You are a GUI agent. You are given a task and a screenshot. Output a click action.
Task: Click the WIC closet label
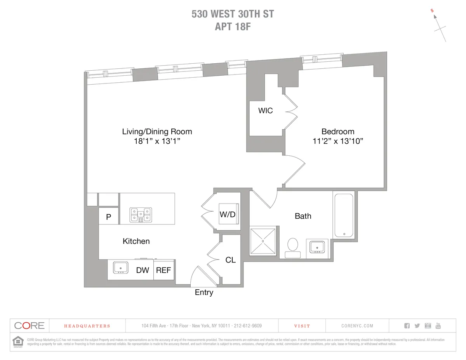(x=266, y=111)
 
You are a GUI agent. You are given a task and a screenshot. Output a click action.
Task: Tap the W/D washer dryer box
(x=228, y=214)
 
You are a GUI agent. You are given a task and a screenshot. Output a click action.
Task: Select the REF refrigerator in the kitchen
(x=163, y=270)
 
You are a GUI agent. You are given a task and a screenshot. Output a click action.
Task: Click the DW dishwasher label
(x=143, y=270)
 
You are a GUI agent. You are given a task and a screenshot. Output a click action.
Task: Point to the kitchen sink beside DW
(x=121, y=268)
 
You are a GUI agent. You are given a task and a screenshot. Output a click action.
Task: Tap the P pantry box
(x=109, y=217)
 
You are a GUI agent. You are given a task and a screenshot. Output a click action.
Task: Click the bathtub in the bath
(x=343, y=216)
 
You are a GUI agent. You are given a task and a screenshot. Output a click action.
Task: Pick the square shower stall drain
(x=263, y=241)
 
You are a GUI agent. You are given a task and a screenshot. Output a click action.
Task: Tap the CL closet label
(x=231, y=260)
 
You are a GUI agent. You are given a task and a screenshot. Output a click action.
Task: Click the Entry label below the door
(x=204, y=293)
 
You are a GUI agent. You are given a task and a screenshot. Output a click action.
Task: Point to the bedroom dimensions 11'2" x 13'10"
(x=337, y=141)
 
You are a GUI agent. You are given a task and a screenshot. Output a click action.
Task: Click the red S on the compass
(x=432, y=11)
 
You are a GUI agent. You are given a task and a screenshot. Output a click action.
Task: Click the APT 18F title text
(x=233, y=27)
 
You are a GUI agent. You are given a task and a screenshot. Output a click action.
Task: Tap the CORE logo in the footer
(x=30, y=326)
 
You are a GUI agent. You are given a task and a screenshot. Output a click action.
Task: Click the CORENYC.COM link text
(x=357, y=326)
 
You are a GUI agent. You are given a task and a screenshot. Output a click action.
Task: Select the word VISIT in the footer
(x=302, y=326)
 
